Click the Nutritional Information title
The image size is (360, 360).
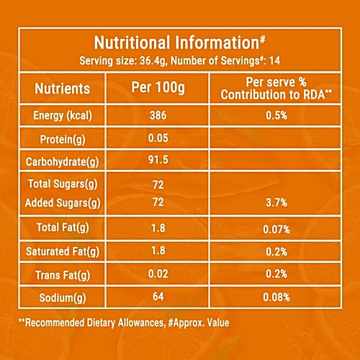179,42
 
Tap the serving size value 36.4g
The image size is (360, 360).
153,60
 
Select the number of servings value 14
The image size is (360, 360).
274,60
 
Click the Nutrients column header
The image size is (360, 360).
63,89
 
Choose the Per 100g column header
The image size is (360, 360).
158,87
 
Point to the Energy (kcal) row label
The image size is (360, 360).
63,116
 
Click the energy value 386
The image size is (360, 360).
158,115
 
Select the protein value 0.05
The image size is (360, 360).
158,138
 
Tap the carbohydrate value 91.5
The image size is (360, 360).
158,160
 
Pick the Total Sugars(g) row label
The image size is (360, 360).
63,184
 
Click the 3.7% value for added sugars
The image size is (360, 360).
276,203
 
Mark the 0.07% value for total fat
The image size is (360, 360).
276,230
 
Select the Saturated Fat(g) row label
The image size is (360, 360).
63,252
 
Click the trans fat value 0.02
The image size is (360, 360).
158,274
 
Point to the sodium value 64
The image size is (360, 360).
158,297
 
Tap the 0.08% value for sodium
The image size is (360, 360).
276,297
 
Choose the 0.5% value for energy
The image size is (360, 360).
276,116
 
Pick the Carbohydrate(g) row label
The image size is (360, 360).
63,162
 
